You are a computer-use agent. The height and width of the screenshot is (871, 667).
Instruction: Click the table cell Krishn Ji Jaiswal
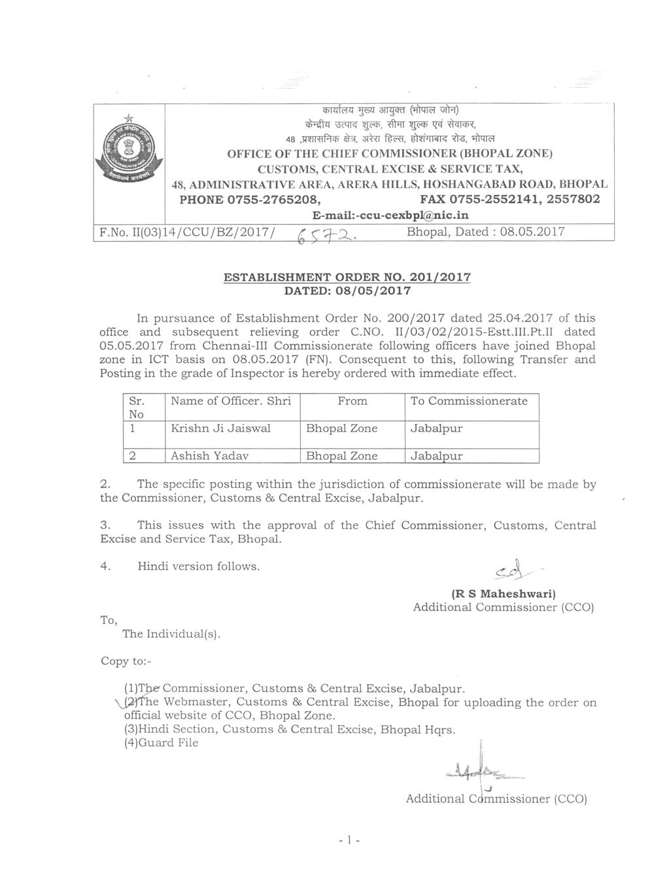tap(220, 429)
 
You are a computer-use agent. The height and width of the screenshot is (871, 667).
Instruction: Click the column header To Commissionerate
tap(468, 401)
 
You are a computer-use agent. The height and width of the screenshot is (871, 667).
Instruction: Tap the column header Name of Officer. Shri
tap(230, 401)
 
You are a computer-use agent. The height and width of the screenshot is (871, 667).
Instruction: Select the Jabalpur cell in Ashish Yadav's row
tap(436, 456)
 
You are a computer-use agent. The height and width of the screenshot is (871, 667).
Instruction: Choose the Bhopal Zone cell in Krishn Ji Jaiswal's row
tap(342, 429)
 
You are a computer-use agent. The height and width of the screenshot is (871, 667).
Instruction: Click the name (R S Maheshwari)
tap(504, 594)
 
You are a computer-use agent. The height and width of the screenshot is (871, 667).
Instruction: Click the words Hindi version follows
tap(198, 566)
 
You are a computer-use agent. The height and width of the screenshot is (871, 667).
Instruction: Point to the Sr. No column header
tap(137, 407)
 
